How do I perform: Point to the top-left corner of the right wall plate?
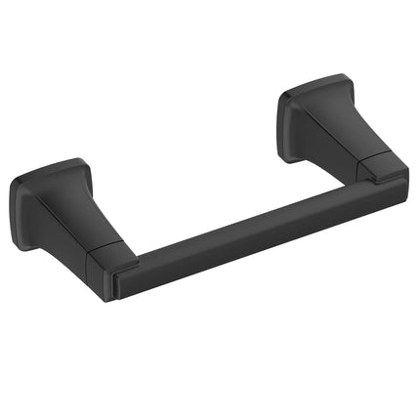pyautogui.click(x=284, y=93)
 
